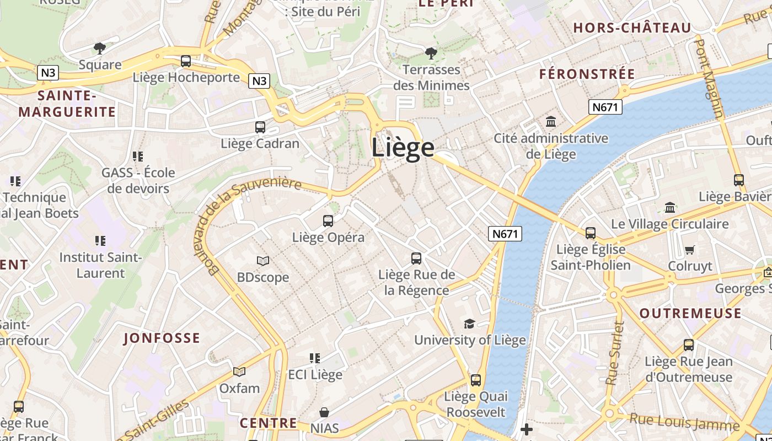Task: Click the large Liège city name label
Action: pos(403,148)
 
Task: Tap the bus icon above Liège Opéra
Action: pos(328,221)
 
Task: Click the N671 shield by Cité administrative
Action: pos(605,107)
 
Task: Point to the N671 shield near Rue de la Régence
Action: pos(505,234)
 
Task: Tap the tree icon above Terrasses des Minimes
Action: pos(431,53)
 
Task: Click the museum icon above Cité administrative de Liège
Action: pos(550,121)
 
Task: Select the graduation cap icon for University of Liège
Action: pos(469,324)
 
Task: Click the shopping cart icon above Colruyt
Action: pos(689,250)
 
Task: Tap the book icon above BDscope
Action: pos(263,261)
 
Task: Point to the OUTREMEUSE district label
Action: pos(690,314)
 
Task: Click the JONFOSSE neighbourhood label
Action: pos(162,338)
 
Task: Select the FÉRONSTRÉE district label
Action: pos(587,74)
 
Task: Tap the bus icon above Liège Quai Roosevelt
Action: pos(475,380)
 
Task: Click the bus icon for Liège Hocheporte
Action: pos(186,61)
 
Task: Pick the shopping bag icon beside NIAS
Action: pos(324,412)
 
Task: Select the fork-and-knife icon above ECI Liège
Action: pos(315,358)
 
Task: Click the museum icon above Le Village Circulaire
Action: pos(670,208)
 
